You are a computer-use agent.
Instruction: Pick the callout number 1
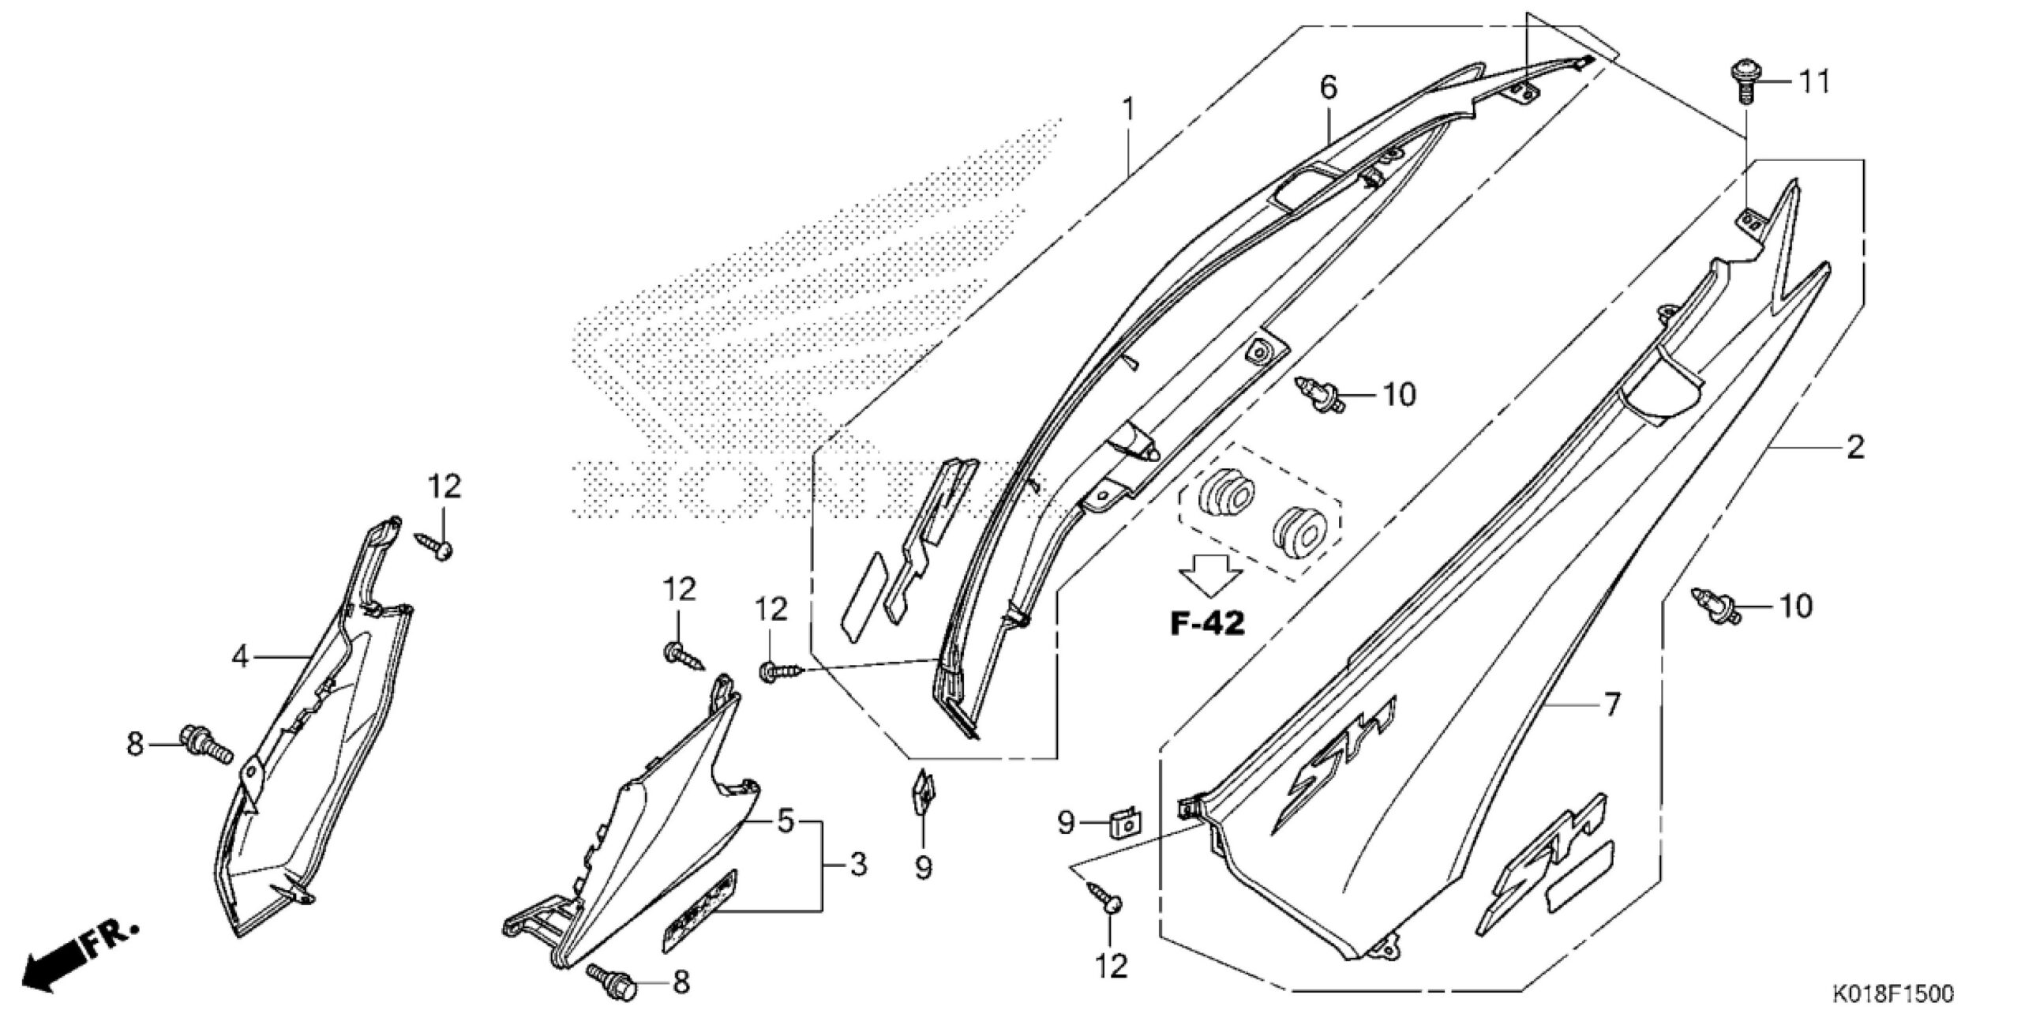pyautogui.click(x=1129, y=108)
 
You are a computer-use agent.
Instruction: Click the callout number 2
pyautogui.click(x=1854, y=447)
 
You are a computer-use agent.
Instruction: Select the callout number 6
pyautogui.click(x=1329, y=88)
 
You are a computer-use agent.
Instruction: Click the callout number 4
pyautogui.click(x=240, y=655)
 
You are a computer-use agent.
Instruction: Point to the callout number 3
pyautogui.click(x=858, y=864)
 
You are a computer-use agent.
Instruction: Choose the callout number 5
pyautogui.click(x=784, y=821)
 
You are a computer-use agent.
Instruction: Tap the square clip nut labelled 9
pyautogui.click(x=1127, y=825)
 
